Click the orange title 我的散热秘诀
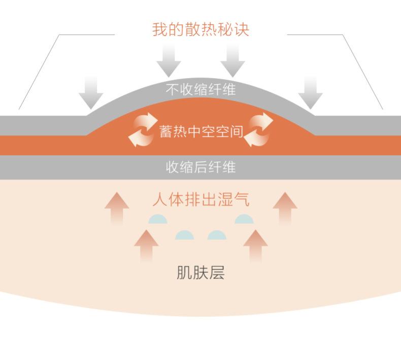click(201, 29)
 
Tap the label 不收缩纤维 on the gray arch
click(201, 90)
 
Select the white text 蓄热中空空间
click(201, 131)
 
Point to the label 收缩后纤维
click(201, 167)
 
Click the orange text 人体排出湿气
click(201, 199)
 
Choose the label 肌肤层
click(201, 273)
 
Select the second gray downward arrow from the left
click(169, 60)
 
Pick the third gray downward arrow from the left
click(233, 60)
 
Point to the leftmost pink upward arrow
click(117, 208)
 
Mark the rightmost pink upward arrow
click(285, 208)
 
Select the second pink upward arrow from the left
click(146, 245)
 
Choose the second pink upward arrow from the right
click(255, 245)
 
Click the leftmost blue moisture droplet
click(158, 220)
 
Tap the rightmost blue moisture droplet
click(244, 220)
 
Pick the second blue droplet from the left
click(184, 235)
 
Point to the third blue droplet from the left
click(217, 235)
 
